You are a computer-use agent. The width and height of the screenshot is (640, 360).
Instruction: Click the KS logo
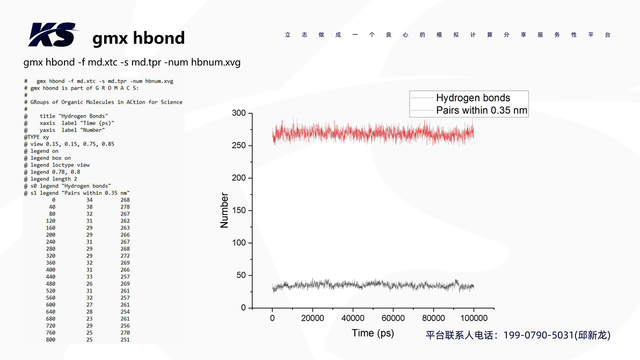click(x=52, y=34)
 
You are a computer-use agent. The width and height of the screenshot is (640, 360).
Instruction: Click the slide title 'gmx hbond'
click(x=139, y=38)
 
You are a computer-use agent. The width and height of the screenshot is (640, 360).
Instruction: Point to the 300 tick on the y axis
click(x=239, y=113)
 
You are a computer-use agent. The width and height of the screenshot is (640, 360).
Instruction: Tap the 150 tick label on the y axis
click(x=239, y=210)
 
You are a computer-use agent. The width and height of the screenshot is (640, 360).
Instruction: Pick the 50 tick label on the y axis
click(x=241, y=275)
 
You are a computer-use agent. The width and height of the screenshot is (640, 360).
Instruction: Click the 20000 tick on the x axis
click(x=312, y=318)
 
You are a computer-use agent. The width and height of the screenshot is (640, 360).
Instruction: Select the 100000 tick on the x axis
click(x=474, y=318)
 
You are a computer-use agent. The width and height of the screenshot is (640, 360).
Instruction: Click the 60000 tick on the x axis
click(x=393, y=318)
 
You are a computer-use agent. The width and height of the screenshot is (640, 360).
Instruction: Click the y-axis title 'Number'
click(x=224, y=210)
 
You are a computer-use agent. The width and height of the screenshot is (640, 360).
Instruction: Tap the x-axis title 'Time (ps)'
click(x=373, y=333)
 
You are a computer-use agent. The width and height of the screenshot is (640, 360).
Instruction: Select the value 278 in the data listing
click(x=125, y=207)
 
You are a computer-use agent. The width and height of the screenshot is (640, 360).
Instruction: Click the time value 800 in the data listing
click(x=50, y=340)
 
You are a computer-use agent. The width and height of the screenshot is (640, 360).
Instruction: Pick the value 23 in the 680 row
click(x=89, y=319)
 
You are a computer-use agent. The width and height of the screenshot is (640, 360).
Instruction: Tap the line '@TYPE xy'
click(x=37, y=137)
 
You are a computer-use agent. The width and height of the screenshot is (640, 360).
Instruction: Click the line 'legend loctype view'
click(x=60, y=165)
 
